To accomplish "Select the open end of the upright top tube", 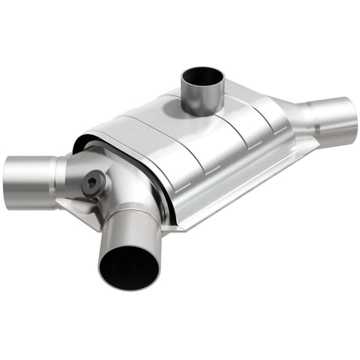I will (x=202, y=77).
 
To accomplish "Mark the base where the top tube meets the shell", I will (x=201, y=112).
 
